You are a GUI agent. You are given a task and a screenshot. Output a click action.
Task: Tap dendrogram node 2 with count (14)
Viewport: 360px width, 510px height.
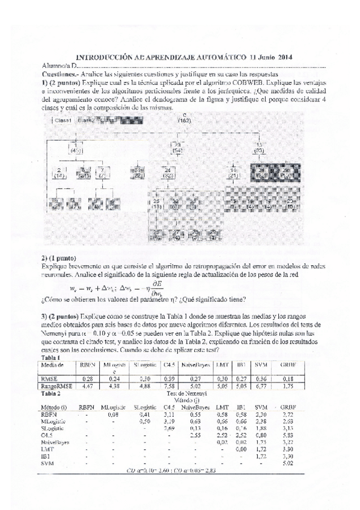[59, 173]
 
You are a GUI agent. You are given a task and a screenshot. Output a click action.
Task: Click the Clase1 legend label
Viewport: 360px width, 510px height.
[63, 120]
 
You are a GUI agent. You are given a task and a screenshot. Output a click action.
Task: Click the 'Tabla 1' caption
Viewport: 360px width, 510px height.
[49, 358]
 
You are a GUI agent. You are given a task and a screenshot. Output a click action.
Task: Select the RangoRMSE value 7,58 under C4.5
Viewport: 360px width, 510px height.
[169, 386]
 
